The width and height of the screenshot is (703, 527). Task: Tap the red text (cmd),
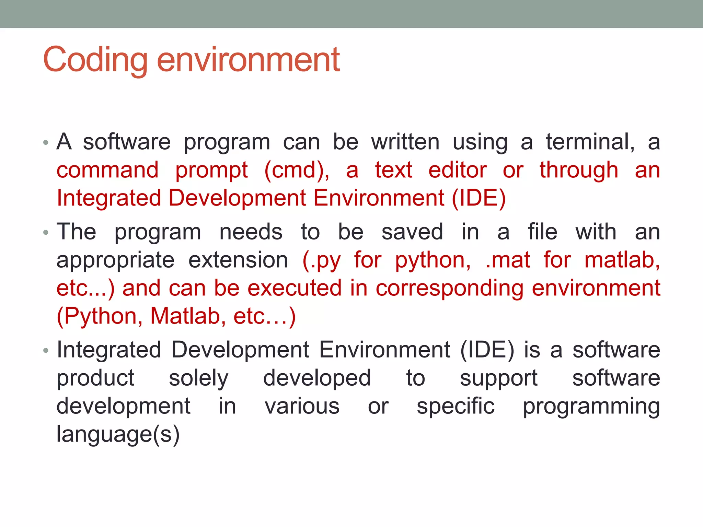pyautogui.click(x=297, y=170)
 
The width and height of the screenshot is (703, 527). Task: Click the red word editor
pyautogui.click(x=457, y=170)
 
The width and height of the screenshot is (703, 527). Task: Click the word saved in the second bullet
pyautogui.click(x=412, y=232)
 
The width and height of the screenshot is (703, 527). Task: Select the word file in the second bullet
pyautogui.click(x=542, y=232)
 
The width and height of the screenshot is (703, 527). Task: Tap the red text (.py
pyautogui.click(x=322, y=260)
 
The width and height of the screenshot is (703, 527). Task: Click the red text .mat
pyautogui.click(x=508, y=260)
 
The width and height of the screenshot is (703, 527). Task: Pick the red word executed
pyautogui.click(x=295, y=288)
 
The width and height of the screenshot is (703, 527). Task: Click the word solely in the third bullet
pyautogui.click(x=198, y=378)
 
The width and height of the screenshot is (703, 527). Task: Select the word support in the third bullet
pyautogui.click(x=498, y=378)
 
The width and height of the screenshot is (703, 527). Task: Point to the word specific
pyautogui.click(x=456, y=406)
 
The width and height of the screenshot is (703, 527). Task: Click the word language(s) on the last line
pyautogui.click(x=118, y=434)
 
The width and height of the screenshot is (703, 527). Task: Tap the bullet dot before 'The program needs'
pyautogui.click(x=46, y=233)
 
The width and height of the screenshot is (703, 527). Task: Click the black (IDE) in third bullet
pyautogui.click(x=487, y=350)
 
